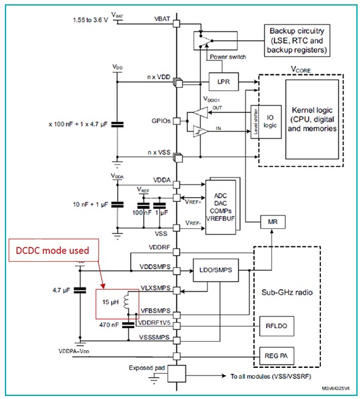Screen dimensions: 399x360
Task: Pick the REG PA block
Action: [x=275, y=354]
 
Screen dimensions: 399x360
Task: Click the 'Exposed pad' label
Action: [x=148, y=368]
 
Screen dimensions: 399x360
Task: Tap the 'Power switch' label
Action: [x=228, y=57]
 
